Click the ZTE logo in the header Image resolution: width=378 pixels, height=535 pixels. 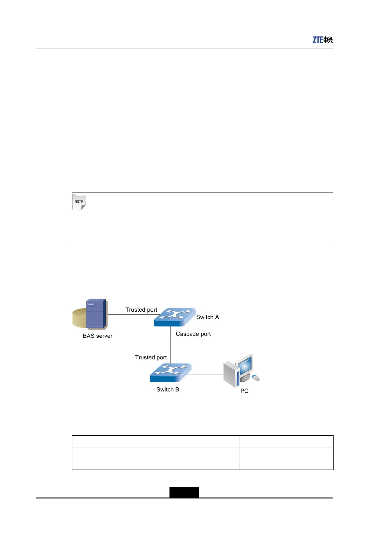point(322,40)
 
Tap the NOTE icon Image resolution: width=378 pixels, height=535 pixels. point(79,202)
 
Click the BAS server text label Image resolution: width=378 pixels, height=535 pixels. point(97,336)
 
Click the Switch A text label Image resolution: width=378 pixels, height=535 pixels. point(208,317)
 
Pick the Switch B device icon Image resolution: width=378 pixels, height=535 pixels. point(170,372)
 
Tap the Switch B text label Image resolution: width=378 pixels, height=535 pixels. point(168,389)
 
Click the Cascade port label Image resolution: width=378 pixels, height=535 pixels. point(193,334)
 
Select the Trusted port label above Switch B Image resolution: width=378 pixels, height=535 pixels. point(151,357)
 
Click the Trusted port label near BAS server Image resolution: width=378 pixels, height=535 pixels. point(141,310)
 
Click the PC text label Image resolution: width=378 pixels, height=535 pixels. point(244,391)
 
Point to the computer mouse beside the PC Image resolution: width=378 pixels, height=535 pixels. point(255,378)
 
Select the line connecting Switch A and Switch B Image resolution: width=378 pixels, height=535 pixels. point(170,345)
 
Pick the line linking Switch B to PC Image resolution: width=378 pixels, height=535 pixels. point(205,375)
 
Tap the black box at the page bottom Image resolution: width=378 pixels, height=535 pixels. point(184,492)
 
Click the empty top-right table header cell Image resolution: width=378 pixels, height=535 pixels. point(286,442)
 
